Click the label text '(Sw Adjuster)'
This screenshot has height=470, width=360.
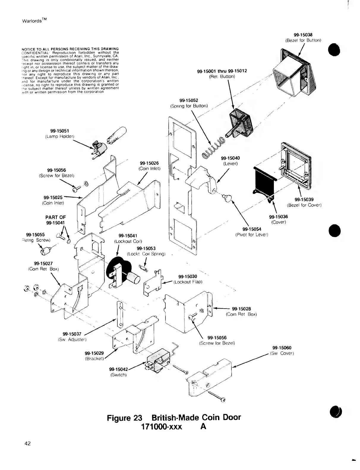tap(72, 339)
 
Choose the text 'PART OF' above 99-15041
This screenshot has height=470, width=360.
tap(56, 217)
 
